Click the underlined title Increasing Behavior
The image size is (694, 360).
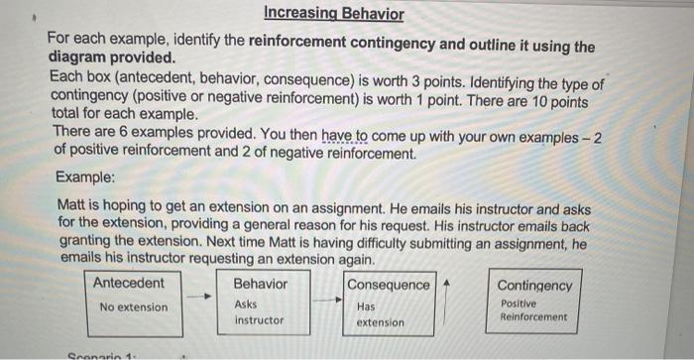(335, 14)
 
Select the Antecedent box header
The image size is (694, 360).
(129, 283)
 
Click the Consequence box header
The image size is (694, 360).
(388, 285)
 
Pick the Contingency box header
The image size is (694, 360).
(534, 286)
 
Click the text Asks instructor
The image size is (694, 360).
(259, 313)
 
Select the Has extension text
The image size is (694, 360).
(380, 315)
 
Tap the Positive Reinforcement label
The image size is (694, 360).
(533, 310)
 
